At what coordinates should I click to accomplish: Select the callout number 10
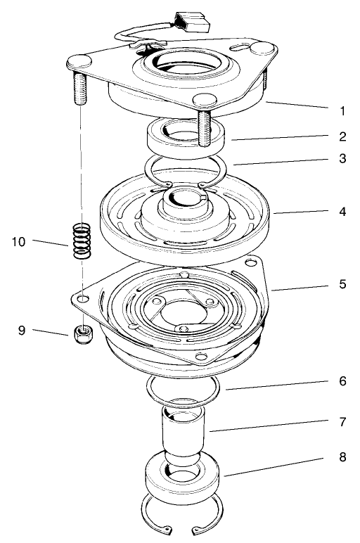pyautogui.click(x=20, y=242)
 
